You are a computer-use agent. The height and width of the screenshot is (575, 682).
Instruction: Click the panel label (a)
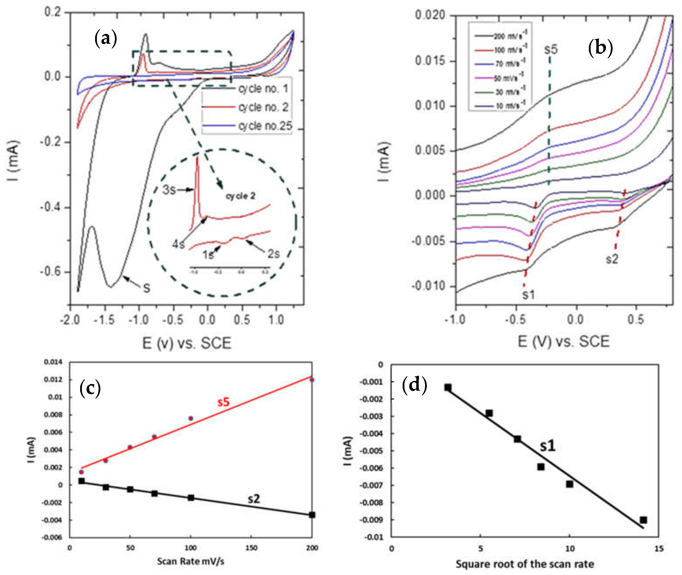click(x=105, y=38)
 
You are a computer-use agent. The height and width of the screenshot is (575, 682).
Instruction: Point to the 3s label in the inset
click(x=169, y=190)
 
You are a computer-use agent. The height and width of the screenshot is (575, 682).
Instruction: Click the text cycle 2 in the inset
click(x=240, y=196)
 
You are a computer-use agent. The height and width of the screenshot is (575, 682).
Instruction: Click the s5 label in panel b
click(x=551, y=49)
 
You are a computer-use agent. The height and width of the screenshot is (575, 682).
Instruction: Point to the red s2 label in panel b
click(x=612, y=259)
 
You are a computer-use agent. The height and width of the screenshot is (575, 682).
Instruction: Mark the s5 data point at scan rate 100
click(x=191, y=418)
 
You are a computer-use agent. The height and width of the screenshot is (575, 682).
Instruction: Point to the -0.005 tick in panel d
click(x=372, y=451)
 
